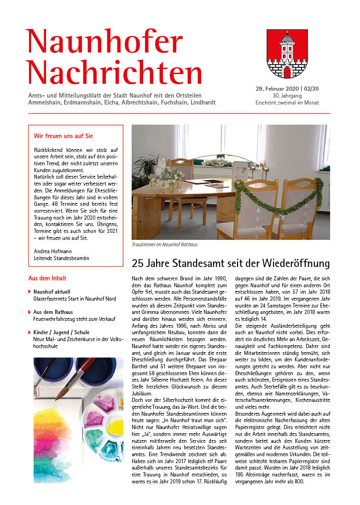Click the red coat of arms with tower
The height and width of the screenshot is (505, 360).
[x=287, y=54]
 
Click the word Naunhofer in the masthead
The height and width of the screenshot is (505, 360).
[x=105, y=41]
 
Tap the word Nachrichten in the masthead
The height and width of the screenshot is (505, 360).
[x=114, y=72]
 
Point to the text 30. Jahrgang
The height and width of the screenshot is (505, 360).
[x=287, y=95]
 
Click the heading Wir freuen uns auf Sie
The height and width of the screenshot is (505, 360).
[x=64, y=136]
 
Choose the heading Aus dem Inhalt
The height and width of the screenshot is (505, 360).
[x=47, y=278]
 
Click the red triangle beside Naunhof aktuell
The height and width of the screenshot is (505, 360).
[x=30, y=291]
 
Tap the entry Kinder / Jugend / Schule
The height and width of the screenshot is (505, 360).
[x=62, y=332]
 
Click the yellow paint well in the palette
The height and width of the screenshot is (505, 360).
[x=115, y=426]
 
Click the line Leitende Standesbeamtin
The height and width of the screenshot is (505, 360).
[x=62, y=258]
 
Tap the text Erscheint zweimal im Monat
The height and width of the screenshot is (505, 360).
[x=287, y=102]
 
